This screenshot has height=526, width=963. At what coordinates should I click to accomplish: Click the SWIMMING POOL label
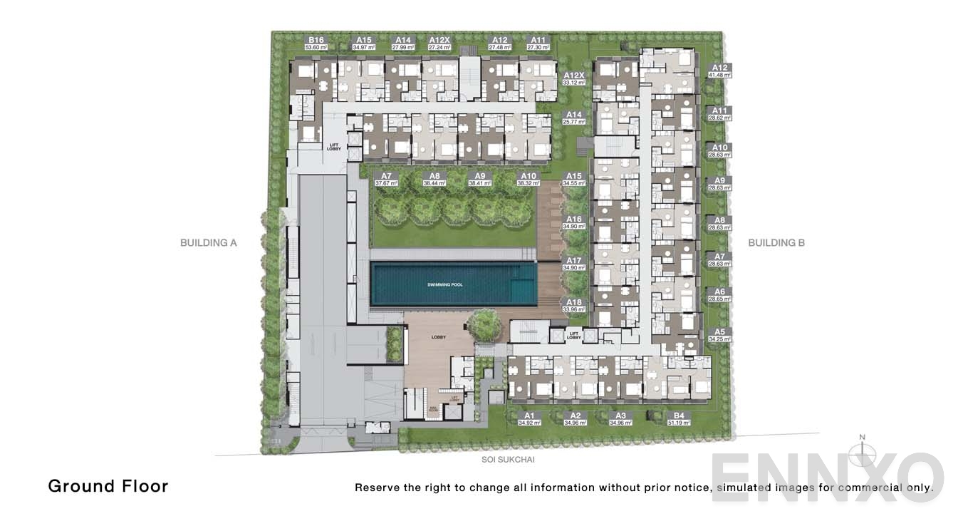pos(444,284)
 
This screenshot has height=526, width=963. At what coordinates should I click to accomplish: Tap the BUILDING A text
pos(208,243)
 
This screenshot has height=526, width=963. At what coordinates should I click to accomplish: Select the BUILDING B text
pos(776,243)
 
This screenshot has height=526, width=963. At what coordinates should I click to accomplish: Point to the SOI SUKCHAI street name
pos(508,460)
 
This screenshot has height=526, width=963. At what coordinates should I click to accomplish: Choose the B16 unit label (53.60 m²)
pos(316,43)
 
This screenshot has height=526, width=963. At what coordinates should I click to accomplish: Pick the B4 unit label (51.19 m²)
pos(678,418)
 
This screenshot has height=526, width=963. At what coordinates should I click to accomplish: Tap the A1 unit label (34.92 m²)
pos(529,418)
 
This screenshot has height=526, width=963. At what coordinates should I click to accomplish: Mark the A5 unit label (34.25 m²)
pos(719,335)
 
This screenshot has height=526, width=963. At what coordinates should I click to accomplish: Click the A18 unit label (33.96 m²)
pos(573,306)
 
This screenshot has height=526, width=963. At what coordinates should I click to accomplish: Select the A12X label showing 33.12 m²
pos(573,78)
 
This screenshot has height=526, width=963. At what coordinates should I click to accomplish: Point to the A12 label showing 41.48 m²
pos(719,71)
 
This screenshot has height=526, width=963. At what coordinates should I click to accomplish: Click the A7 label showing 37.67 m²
pos(386,179)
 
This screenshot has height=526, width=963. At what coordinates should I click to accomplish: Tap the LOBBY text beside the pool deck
pos(439,337)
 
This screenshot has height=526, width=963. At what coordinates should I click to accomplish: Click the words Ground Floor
pos(108,486)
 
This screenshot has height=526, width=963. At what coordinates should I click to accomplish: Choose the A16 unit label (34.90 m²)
pos(573,222)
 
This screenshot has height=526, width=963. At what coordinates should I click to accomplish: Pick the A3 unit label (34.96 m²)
pos(620,418)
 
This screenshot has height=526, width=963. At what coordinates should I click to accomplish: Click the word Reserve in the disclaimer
pos(377,488)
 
